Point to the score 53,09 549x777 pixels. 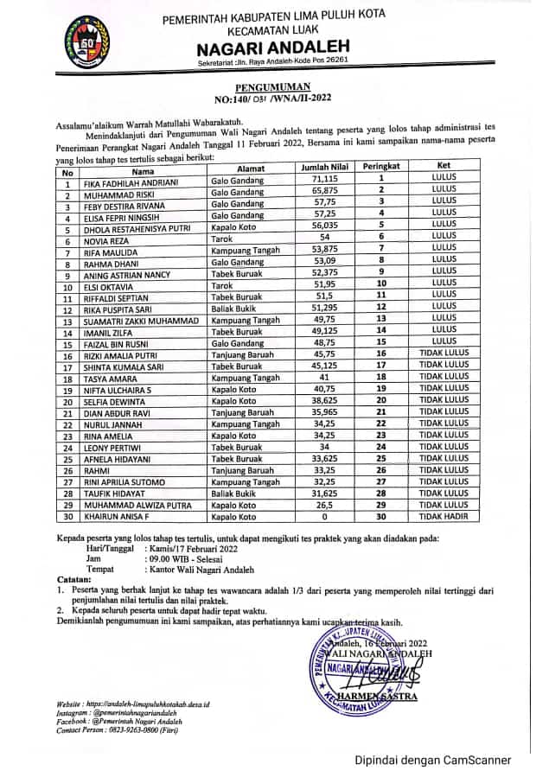[x=322, y=261]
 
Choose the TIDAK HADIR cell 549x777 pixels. [x=444, y=517]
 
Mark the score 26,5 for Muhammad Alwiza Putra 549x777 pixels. [x=322, y=505]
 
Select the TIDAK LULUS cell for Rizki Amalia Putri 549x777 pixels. [x=444, y=353]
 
